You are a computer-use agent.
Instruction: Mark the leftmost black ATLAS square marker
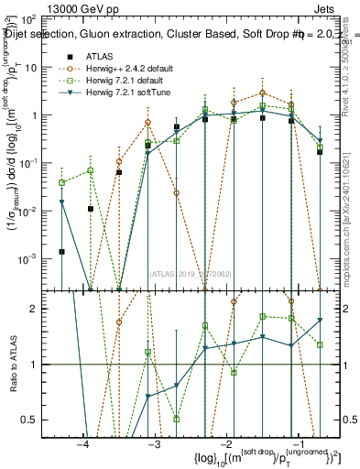[x=62, y=251]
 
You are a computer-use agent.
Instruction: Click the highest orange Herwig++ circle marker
[x=263, y=93]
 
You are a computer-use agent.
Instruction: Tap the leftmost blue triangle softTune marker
[x=62, y=202]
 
